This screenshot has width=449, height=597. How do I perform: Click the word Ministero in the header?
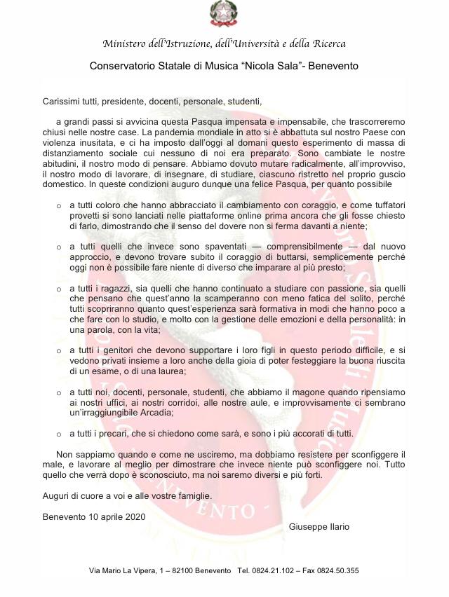point(126,44)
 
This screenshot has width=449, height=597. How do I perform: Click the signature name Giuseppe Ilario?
point(319,526)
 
